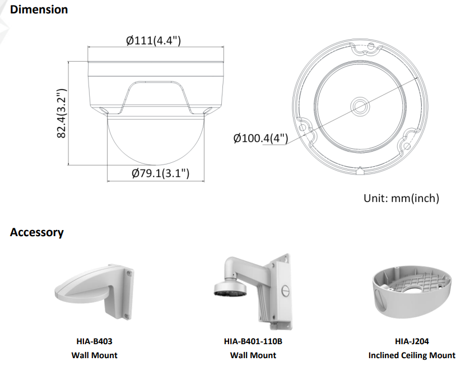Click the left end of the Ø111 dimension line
click(88, 46)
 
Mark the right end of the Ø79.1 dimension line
click(204, 180)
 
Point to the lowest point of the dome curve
click(156, 165)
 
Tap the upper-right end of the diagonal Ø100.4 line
click(417, 77)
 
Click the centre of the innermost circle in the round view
click(360, 106)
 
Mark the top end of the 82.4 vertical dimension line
click(68, 62)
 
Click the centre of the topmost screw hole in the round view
click(371, 46)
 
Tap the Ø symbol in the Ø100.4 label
click(237, 138)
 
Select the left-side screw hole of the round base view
click(302, 128)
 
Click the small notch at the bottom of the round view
click(360, 170)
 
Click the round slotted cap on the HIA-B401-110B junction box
click(285, 291)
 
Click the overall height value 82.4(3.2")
click(61, 113)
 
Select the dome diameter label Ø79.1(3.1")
click(160, 173)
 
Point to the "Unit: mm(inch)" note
click(401, 198)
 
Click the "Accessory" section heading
click(37, 232)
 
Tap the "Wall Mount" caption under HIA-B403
click(94, 355)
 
